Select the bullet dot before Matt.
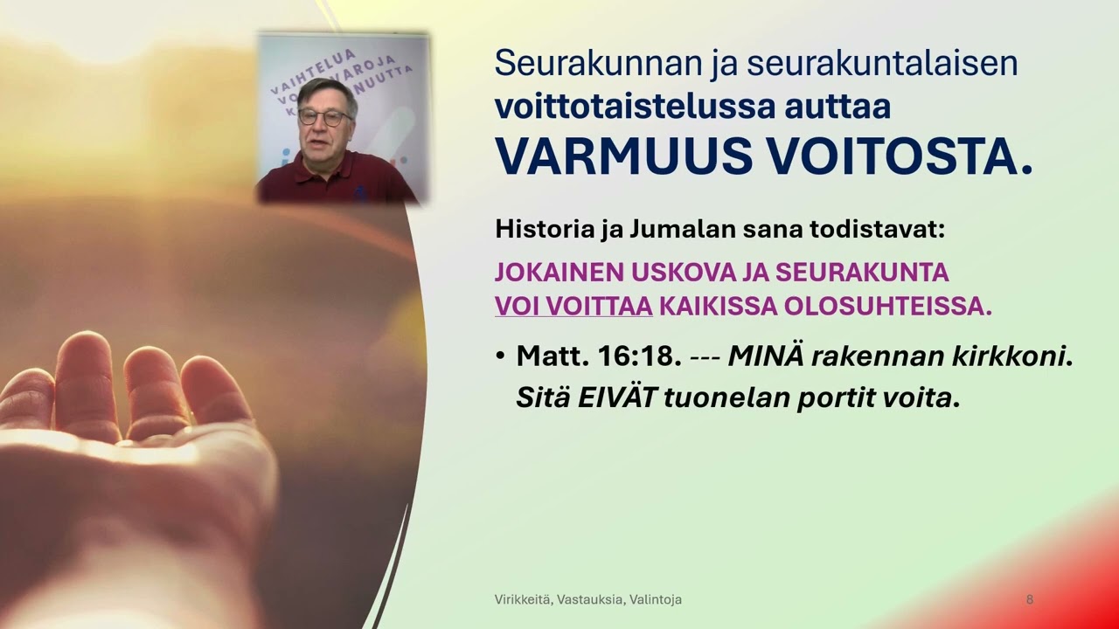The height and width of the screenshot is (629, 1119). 500,357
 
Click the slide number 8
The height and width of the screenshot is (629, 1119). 1030,600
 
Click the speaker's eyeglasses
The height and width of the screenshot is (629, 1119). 324,116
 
